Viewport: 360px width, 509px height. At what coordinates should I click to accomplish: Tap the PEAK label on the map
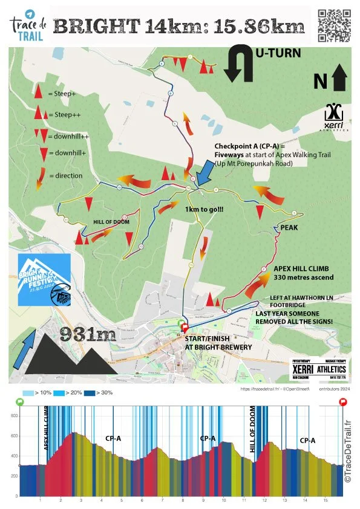pyautogui.click(x=289, y=228)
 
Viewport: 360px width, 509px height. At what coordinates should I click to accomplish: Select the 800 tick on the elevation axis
pyautogui.click(x=13, y=417)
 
